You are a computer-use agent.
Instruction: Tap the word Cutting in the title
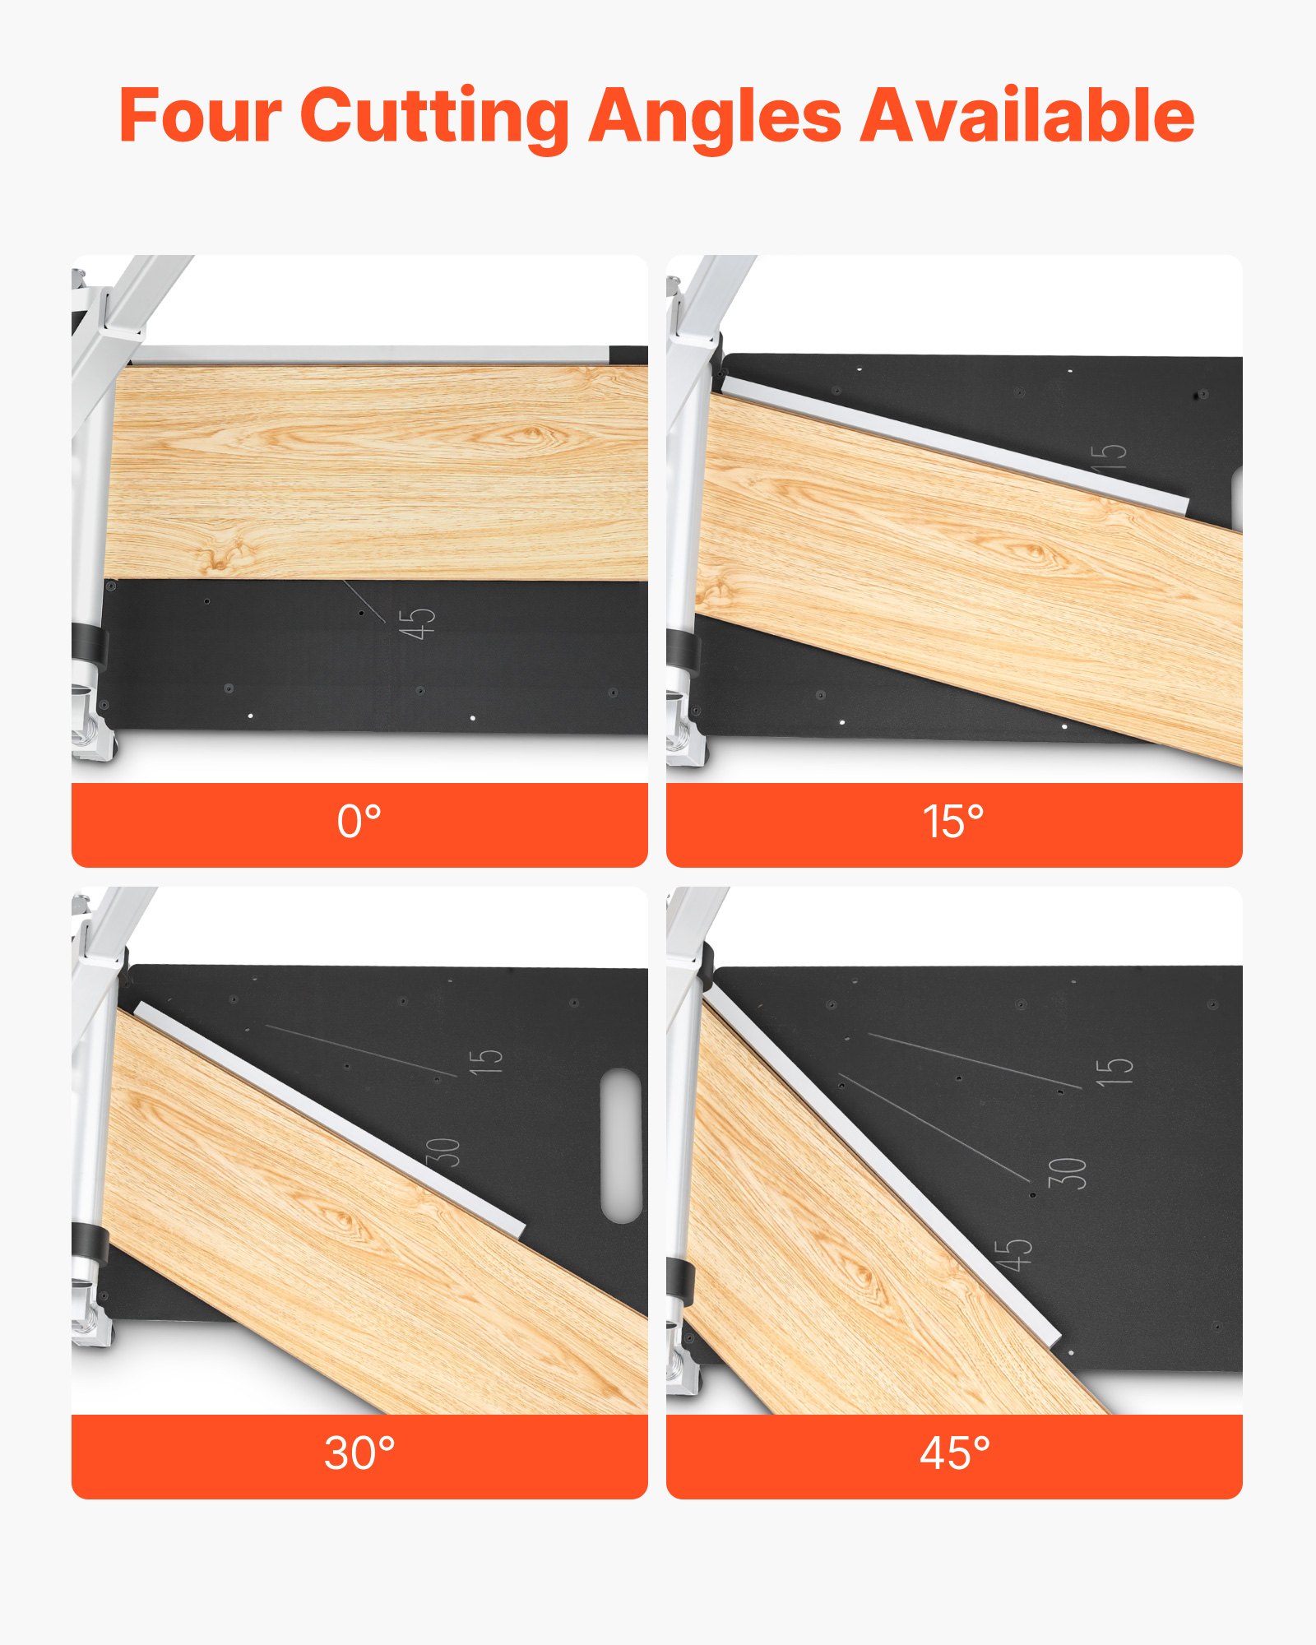[x=433, y=116]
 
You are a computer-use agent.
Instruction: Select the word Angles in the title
[x=714, y=116]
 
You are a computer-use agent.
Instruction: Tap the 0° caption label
[x=359, y=822]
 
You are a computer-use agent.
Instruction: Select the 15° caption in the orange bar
[x=953, y=822]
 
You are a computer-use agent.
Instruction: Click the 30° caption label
[x=359, y=1453]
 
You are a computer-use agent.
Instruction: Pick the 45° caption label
[x=954, y=1453]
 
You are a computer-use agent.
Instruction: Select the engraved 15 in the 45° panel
[x=1114, y=1070]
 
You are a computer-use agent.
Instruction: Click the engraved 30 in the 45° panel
[x=1068, y=1173]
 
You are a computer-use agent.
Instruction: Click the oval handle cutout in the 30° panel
[x=621, y=1145]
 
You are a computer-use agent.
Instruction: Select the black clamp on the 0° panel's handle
[x=90, y=644]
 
